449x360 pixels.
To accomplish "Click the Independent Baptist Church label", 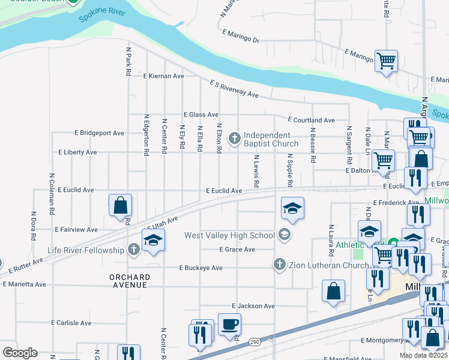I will point(271,139).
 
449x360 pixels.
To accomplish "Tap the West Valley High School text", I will point(229,235).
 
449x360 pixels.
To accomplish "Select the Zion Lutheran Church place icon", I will point(279,265).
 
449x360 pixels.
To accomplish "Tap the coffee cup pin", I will point(229,325).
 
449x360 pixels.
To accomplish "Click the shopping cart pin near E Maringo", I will point(386,61).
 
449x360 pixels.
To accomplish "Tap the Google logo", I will point(20,353).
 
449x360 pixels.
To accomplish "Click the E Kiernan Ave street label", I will point(163,76).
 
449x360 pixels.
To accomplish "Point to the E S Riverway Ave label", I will point(234,89).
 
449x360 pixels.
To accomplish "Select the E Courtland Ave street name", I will point(311,120).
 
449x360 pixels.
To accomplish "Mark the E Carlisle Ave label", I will point(71,323).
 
